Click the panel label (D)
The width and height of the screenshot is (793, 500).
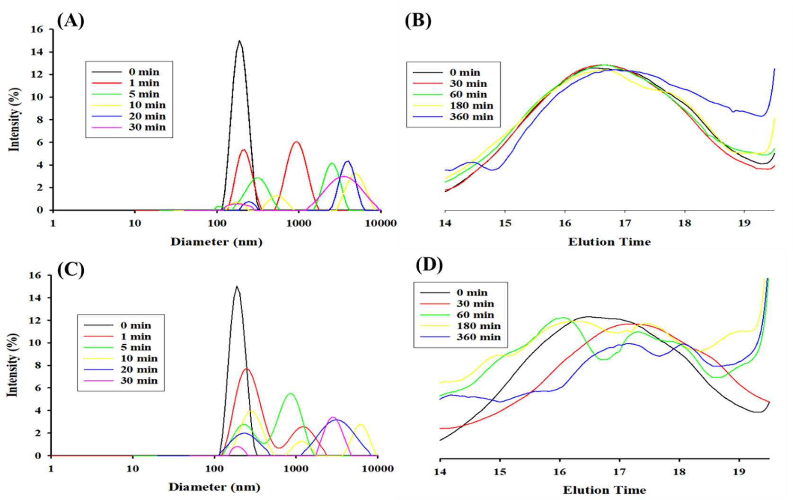pyautogui.click(x=429, y=265)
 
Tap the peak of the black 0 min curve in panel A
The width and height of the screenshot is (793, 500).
pyautogui.click(x=239, y=41)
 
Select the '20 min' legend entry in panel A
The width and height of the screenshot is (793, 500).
pyautogui.click(x=147, y=116)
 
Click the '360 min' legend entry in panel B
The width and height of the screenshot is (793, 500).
pyautogui.click(x=471, y=116)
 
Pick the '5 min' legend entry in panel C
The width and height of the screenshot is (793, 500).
pyautogui.click(x=138, y=348)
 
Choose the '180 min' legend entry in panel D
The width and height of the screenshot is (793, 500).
pyautogui.click(x=478, y=326)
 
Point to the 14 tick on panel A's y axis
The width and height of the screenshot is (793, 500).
pyautogui.click(x=37, y=52)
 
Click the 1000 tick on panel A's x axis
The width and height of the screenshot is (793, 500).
pyautogui.click(x=299, y=223)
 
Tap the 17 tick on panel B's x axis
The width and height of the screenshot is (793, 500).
pyautogui.click(x=625, y=223)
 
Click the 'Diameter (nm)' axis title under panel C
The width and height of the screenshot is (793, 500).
pyautogui.click(x=214, y=487)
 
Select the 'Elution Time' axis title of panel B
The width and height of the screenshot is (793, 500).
pyautogui.click(x=609, y=242)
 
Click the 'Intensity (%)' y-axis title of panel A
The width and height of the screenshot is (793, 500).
pyautogui.click(x=15, y=119)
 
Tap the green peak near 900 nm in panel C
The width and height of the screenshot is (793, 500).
pyautogui.click(x=291, y=393)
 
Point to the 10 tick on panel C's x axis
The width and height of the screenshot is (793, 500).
pyautogui.click(x=132, y=469)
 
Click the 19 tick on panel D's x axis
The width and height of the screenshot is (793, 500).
pyautogui.click(x=739, y=472)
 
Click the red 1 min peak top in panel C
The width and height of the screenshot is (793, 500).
pyautogui.click(x=247, y=369)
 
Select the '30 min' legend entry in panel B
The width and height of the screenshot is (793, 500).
pyautogui.click(x=467, y=83)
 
